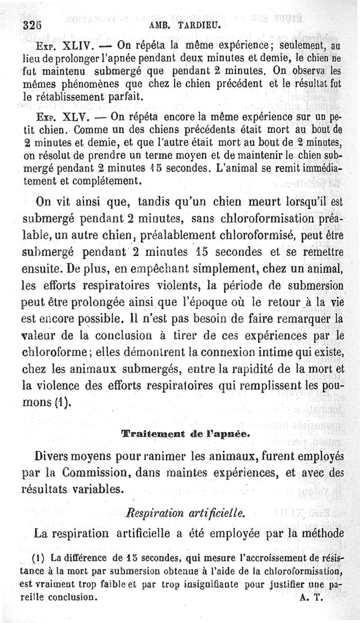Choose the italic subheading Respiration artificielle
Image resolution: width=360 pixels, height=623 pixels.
pos(184,512)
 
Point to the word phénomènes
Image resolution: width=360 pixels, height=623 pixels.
pos(78,84)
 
